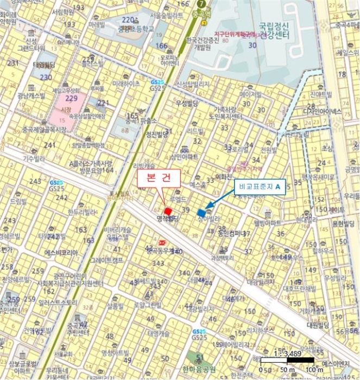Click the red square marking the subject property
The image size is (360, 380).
168,211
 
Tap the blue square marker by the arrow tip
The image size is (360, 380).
202,213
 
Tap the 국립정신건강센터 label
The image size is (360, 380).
274,30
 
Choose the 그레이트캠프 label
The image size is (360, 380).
106,259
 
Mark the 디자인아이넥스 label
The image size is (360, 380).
323,111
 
